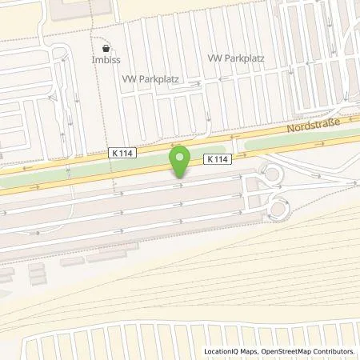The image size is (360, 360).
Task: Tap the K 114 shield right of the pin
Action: tap(220, 158)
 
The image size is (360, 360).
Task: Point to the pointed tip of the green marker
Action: tap(181, 177)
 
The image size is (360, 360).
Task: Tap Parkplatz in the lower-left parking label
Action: tap(160, 80)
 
